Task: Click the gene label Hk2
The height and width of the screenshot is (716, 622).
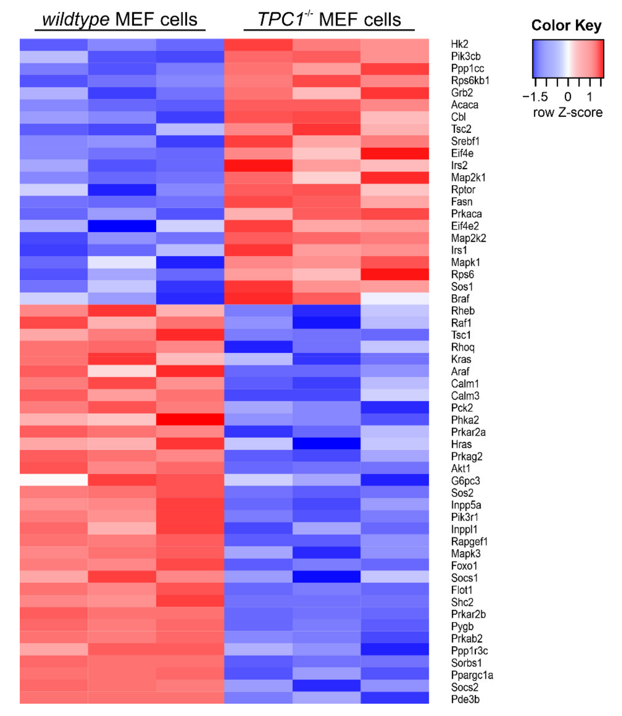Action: click(459, 44)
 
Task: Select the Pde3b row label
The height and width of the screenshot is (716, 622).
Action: click(465, 699)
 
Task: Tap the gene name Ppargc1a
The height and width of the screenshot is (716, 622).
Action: click(472, 675)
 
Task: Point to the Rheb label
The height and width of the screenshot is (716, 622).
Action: click(463, 311)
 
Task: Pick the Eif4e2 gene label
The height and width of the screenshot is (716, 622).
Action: click(465, 226)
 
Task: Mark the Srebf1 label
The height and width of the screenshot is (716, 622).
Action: click(465, 141)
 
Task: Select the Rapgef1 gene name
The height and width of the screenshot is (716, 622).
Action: click(469, 541)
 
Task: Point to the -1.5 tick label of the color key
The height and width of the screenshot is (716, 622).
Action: click(535, 97)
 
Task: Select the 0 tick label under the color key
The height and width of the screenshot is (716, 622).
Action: click(568, 97)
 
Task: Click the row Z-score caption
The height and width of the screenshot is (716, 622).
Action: click(568, 112)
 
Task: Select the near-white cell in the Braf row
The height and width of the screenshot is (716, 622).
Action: click(395, 299)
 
